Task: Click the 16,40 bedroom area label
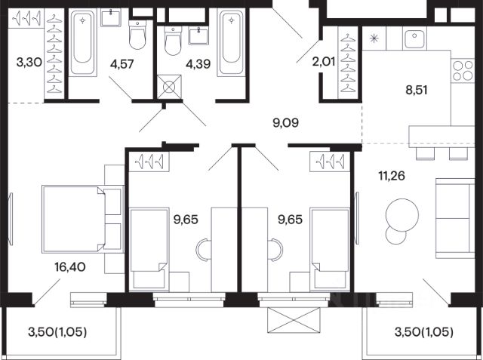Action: click(x=70, y=267)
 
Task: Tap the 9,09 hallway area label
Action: click(x=286, y=123)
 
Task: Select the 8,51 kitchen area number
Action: click(x=416, y=91)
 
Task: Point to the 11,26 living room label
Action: click(x=392, y=176)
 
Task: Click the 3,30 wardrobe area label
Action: click(x=29, y=63)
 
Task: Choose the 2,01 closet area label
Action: click(x=324, y=62)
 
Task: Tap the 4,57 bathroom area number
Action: click(x=122, y=64)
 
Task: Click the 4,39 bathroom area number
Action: click(x=198, y=64)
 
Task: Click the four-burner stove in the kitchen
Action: click(x=463, y=70)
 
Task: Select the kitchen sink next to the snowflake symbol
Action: click(x=414, y=38)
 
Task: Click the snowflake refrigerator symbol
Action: click(x=374, y=38)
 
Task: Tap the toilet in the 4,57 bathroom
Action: click(x=137, y=35)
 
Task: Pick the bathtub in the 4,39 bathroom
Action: click(x=231, y=42)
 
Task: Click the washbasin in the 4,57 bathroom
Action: click(x=111, y=17)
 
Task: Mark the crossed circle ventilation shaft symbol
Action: click(x=169, y=87)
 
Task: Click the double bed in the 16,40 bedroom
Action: click(x=82, y=219)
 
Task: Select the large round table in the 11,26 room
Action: click(x=402, y=214)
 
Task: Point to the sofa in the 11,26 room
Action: click(x=454, y=218)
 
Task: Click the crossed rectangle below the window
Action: click(x=294, y=320)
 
